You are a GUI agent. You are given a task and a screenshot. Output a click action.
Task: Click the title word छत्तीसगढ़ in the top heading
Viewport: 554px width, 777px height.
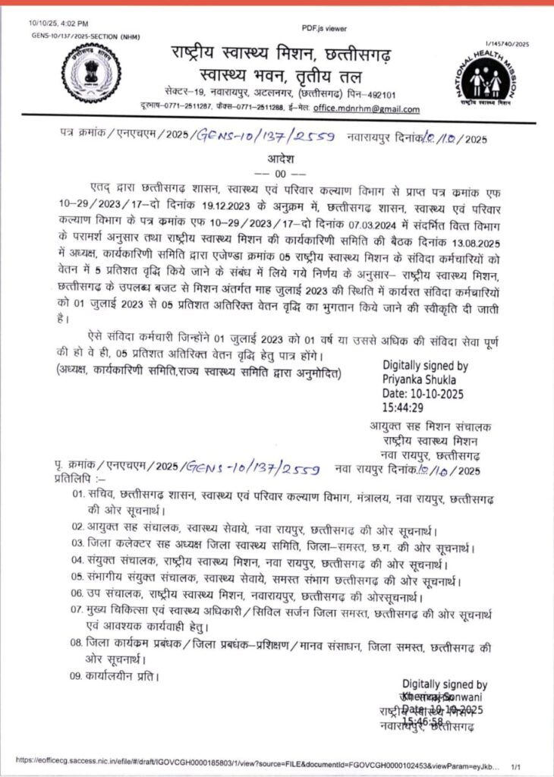(x=367, y=54)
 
